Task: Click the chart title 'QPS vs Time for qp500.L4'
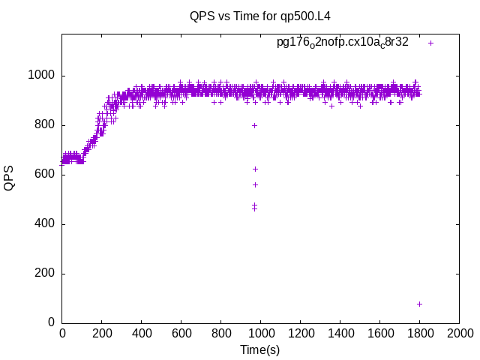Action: click(259, 16)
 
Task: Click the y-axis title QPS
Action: click(10, 178)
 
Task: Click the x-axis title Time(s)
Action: click(259, 349)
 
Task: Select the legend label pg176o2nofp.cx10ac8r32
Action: click(343, 42)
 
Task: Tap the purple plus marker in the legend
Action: click(430, 43)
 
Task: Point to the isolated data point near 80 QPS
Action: click(419, 304)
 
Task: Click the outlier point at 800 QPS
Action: click(255, 125)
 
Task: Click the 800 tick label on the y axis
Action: click(45, 125)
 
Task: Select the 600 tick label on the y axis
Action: click(45, 175)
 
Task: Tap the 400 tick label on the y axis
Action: click(45, 224)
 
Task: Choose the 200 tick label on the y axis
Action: click(45, 274)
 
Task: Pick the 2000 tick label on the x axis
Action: click(459, 334)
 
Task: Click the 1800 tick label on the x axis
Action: click(419, 334)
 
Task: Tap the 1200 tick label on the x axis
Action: click(300, 334)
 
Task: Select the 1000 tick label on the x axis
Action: click(260, 334)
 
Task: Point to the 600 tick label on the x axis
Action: click(181, 334)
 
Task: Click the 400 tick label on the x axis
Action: click(141, 334)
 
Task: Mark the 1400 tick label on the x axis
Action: click(340, 334)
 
